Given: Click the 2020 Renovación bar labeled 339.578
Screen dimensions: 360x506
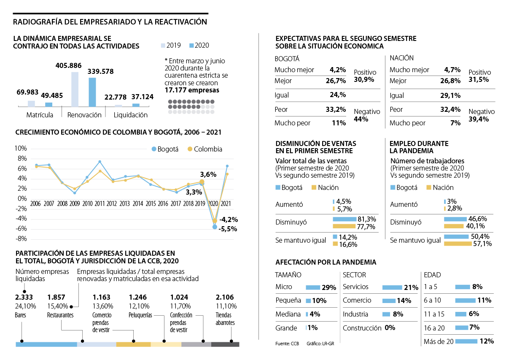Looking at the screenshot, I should coord(92,92).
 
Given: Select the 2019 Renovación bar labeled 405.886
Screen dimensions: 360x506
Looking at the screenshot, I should coord(75,89).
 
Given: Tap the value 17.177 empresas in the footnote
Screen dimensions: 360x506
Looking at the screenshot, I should coord(192,90).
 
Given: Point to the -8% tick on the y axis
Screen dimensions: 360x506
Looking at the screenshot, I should coord(21,239).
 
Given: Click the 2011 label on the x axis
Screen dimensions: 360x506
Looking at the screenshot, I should coord(100,203).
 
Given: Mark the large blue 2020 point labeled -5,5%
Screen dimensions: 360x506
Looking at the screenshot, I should coord(215,227).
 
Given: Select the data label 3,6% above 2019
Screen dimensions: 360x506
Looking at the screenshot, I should coord(208,174).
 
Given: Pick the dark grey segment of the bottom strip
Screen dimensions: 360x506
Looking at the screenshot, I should coord(225,344).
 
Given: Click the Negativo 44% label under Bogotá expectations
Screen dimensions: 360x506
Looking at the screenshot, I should coord(367,115).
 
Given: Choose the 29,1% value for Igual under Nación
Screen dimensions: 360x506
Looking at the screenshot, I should coord(452,96).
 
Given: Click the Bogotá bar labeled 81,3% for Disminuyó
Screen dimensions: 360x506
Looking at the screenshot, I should coord(345,219).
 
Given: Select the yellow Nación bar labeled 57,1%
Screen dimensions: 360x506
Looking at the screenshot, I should coord(458,244).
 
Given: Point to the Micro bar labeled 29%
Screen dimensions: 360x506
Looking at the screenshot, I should coord(313,287).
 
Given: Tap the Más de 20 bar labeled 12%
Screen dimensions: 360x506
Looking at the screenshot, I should coord(466,341).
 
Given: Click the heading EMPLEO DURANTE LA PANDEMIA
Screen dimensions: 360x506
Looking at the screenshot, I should coord(419,147).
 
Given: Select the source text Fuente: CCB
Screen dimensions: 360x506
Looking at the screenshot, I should coord(287,344).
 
